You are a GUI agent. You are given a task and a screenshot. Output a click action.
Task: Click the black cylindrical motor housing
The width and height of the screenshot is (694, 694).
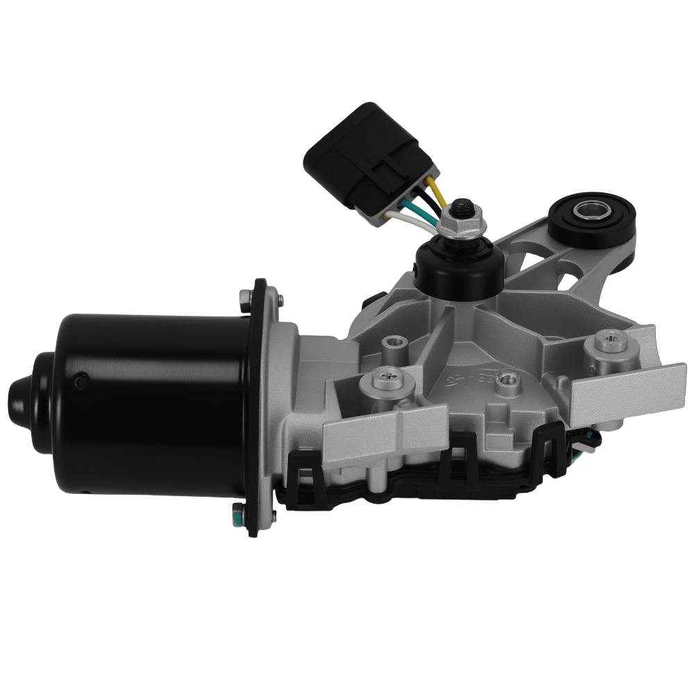coord(153,403)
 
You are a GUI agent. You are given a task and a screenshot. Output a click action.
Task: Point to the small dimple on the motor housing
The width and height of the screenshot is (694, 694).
coord(81,380)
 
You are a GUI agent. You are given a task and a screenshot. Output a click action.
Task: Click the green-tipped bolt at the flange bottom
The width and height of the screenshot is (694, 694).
coord(237,515)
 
